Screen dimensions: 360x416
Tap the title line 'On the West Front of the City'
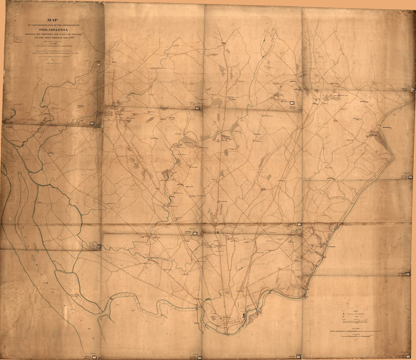53,39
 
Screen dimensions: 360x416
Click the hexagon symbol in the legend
343,314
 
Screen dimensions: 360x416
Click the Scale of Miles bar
355,331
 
